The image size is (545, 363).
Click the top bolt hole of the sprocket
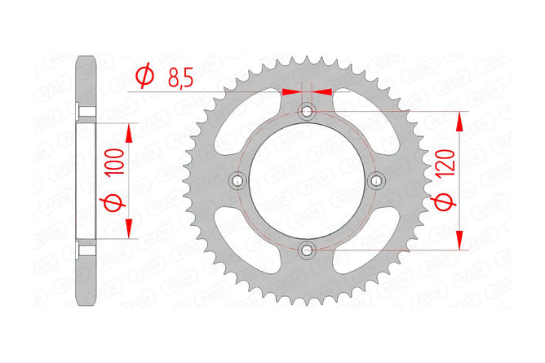(307, 112)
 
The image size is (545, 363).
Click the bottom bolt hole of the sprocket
(307, 250)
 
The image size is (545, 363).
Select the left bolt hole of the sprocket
(237, 180)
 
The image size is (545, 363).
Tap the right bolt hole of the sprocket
(375, 180)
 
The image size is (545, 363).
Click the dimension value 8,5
(180, 77)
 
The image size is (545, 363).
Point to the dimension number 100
(116, 162)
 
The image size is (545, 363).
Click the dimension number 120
(446, 163)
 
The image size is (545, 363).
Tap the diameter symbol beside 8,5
(144, 75)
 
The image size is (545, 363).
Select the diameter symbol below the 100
(113, 203)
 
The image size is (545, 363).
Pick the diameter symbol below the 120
(443, 202)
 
